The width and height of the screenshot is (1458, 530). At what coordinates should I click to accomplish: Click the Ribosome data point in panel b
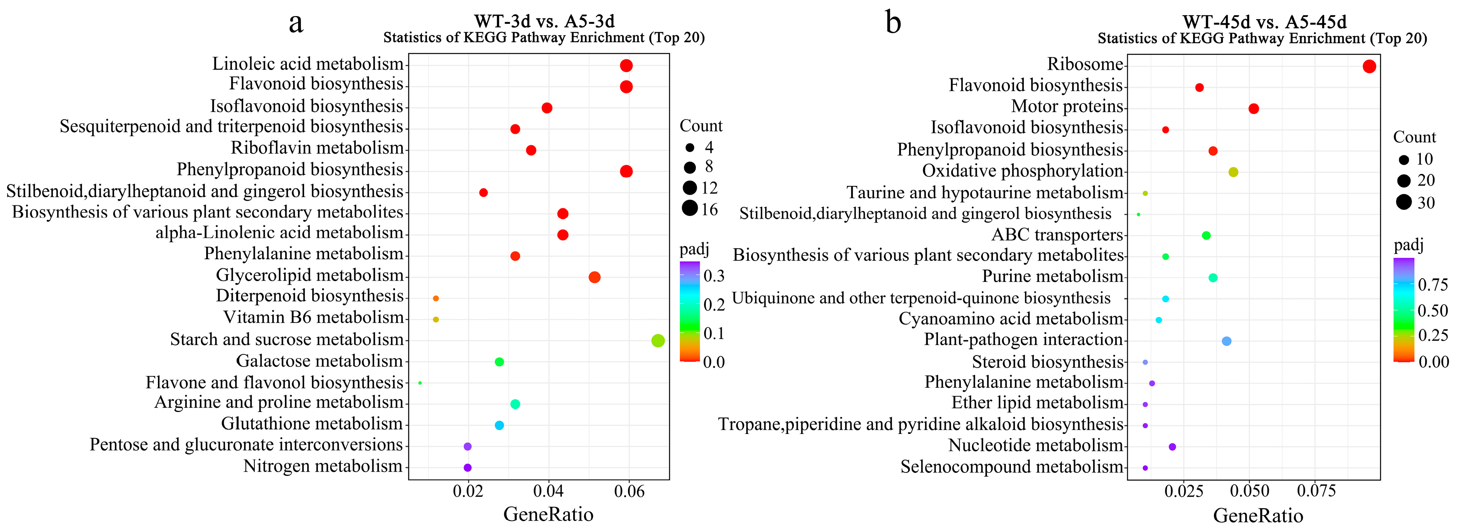pyautogui.click(x=1369, y=67)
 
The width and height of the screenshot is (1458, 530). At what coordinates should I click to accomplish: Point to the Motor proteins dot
pyautogui.click(x=1254, y=109)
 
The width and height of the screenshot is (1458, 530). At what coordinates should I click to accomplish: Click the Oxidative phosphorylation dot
pyautogui.click(x=1233, y=172)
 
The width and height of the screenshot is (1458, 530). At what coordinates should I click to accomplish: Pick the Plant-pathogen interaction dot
pyautogui.click(x=1226, y=341)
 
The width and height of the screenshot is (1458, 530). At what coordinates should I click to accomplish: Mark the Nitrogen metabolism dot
pyautogui.click(x=467, y=468)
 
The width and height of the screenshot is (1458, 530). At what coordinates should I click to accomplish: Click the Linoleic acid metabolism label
pyautogui.click(x=308, y=64)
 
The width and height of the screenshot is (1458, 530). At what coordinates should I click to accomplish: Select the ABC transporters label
pyautogui.click(x=1057, y=234)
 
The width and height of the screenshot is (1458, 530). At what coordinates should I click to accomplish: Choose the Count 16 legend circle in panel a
pyautogui.click(x=689, y=209)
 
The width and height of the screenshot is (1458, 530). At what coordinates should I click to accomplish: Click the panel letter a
pyautogui.click(x=295, y=23)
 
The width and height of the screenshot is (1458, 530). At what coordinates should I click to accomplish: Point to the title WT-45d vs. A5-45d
pyautogui.click(x=1264, y=22)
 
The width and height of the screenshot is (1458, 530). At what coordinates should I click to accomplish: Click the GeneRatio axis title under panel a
pyautogui.click(x=548, y=514)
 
